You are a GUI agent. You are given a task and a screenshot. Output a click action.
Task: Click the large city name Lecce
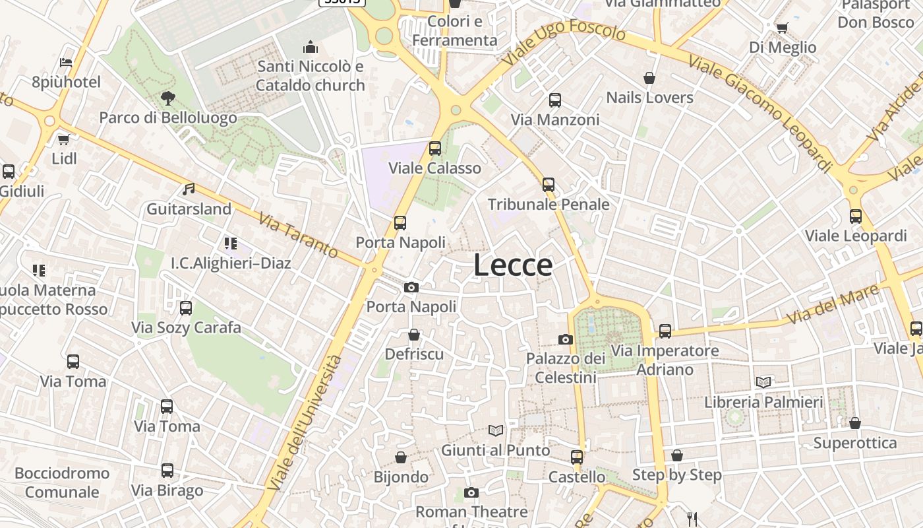513,265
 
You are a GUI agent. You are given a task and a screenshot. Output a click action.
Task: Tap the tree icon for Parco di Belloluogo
168,98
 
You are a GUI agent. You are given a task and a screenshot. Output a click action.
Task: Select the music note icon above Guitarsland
189,189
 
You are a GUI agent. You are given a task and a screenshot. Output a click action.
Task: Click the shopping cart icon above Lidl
63,139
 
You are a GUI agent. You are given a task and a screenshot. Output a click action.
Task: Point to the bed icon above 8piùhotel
66,63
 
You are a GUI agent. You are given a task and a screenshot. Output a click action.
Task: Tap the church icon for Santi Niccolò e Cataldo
310,47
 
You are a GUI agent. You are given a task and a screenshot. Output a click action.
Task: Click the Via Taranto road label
299,235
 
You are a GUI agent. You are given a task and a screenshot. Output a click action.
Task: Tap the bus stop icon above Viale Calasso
435,148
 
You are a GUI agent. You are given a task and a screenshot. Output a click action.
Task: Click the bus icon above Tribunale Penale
549,185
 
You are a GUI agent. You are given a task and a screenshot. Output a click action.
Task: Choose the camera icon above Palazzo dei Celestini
566,339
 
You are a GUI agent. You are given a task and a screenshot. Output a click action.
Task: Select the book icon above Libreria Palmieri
763,382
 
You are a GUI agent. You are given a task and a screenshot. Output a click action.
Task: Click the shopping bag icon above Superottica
855,423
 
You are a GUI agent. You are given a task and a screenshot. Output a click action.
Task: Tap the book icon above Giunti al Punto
496,430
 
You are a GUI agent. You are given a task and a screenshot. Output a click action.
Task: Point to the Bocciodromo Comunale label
62,482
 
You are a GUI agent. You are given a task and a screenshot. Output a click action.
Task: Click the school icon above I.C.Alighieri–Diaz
230,244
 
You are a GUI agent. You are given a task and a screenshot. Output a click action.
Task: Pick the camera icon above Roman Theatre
471,492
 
